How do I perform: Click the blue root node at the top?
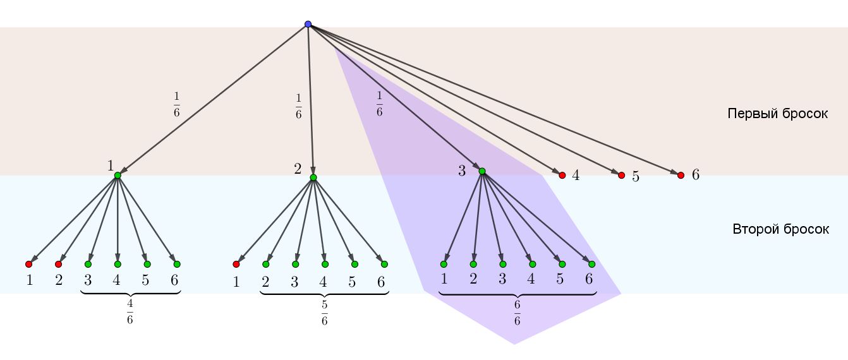pos(308,25)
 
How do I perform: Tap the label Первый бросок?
pos(777,114)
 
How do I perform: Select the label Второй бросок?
pos(780,229)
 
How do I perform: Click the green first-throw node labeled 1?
pos(118,175)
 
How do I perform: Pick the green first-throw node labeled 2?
pos(313,177)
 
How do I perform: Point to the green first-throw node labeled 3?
pos(482,171)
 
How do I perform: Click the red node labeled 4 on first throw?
pos(562,175)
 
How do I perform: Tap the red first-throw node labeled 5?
pos(621,175)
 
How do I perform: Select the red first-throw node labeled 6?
pos(681,175)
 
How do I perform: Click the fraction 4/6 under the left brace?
pos(130,311)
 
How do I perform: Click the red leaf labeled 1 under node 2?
pos(236,264)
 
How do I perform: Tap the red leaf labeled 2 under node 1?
pos(58,264)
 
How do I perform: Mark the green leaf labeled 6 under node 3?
pos(591,264)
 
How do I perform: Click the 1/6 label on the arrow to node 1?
pos(176,105)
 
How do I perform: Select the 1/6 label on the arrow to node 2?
pos(298,106)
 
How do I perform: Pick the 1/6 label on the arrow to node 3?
pos(379,104)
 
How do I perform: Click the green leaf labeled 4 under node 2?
pos(325,264)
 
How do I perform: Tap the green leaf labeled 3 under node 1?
pos(88,264)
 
